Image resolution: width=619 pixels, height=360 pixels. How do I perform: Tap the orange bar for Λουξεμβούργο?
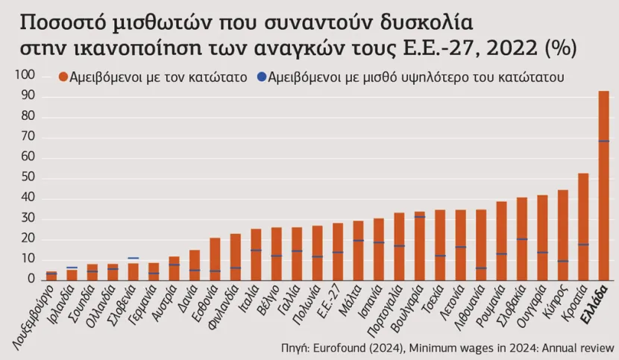pos(51,276)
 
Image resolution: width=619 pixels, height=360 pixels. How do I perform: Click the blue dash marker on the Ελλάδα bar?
pos(603,141)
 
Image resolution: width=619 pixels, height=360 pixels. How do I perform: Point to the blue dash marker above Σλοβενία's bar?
pos(133,258)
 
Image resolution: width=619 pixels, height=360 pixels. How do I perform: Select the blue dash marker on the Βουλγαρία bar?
pos(420,216)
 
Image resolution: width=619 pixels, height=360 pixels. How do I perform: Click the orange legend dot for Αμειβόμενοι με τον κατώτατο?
pos(63,77)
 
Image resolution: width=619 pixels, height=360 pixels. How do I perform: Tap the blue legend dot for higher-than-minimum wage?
pos(260,77)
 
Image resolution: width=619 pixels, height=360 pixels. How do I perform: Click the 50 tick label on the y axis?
pos(28,177)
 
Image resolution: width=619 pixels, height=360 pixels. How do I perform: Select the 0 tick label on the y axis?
pos(31,279)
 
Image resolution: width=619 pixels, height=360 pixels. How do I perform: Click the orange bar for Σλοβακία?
pos(522,239)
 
